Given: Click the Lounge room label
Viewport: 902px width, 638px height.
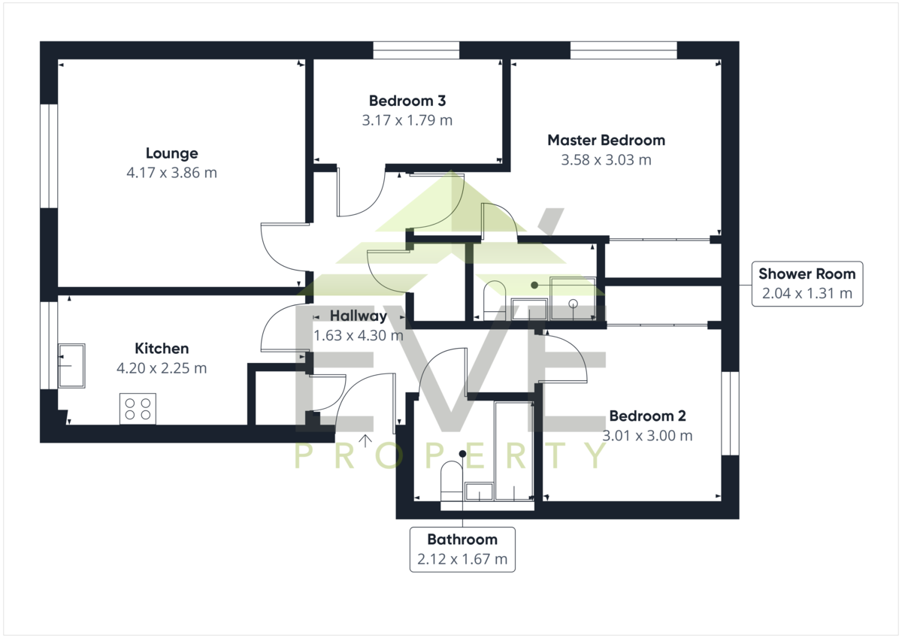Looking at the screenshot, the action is coord(172,153).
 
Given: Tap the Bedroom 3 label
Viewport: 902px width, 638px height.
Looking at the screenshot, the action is coord(407,101).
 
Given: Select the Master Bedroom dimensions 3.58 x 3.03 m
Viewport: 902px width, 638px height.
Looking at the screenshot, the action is coord(607,160).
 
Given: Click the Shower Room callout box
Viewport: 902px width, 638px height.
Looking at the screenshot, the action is coord(807,284).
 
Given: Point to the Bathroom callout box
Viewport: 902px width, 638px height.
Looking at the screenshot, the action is coord(462,549).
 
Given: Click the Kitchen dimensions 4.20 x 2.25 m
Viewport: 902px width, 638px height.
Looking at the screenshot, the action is coord(162,368).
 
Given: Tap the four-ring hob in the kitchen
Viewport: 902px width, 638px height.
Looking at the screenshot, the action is coord(138,409).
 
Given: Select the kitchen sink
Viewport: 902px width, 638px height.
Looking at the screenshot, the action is coord(71,366).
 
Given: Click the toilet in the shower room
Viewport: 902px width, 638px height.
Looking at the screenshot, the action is coord(494,301).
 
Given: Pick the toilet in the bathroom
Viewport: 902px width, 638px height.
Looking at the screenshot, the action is coord(452,481).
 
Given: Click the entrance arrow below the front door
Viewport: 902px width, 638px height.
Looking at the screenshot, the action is coord(365,441).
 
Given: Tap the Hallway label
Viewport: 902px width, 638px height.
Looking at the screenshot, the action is coord(359,316).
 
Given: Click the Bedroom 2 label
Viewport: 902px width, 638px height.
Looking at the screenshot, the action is coord(647,416).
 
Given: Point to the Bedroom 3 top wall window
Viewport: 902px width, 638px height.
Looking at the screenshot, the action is coord(416,50).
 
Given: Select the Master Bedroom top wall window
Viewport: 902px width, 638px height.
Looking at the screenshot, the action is coord(624,50).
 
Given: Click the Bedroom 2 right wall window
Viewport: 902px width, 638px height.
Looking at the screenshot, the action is coord(730,413).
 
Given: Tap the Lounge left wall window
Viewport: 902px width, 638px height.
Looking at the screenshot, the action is coord(49,156).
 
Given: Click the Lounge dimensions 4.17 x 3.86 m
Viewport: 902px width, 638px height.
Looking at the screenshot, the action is coord(172,173).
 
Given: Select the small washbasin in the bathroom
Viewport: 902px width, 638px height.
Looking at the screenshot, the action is coord(479,491).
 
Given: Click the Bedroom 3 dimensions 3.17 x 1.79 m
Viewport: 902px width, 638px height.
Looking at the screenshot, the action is coord(407,120).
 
